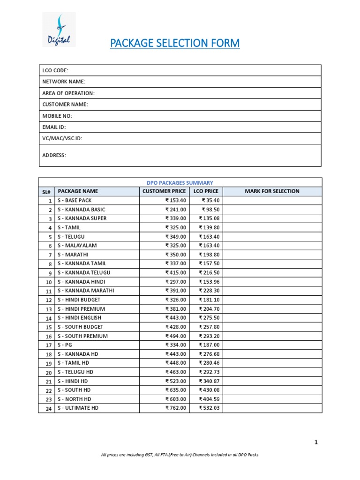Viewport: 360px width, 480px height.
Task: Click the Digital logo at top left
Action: point(59,30)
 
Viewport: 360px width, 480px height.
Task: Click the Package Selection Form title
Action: point(174,44)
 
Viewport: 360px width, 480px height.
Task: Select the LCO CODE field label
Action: point(55,70)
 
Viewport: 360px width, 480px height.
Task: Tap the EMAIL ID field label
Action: point(54,127)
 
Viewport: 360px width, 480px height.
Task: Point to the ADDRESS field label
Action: point(54,155)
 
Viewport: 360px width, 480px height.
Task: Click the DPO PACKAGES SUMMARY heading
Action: point(180,182)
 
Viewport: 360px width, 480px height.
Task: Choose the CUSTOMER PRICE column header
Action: point(164,191)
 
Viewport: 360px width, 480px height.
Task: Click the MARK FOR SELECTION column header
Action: point(272,191)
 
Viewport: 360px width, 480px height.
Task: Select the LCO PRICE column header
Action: point(206,191)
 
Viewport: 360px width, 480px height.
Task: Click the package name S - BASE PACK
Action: point(78,201)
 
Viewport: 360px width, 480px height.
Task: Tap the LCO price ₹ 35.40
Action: point(210,201)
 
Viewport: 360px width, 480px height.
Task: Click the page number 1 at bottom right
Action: point(316,442)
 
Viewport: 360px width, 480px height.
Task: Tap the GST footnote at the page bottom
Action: point(180,455)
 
